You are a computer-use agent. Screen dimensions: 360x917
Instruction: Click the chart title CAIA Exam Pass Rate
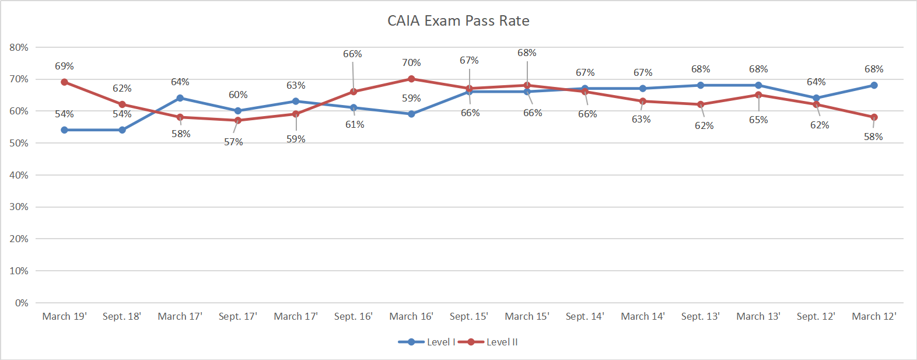pos(459,21)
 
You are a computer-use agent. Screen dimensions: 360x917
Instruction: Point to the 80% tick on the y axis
pos(19,47)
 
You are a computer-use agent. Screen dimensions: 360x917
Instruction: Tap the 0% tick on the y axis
pos(22,303)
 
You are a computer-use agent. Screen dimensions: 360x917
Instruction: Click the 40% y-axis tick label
pos(19,175)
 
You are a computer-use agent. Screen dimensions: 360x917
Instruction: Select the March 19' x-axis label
pos(64,316)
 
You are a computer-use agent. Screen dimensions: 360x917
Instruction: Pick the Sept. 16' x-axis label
pos(353,316)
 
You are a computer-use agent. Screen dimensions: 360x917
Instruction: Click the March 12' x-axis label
pos(874,316)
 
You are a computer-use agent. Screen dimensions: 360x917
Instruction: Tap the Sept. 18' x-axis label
pos(122,316)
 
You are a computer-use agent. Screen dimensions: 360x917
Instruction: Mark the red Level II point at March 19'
pos(64,82)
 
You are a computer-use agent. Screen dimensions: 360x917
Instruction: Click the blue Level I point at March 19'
pos(64,130)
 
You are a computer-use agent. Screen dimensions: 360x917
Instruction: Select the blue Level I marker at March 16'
pos(411,114)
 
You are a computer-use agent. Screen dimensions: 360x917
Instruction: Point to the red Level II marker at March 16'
pos(411,79)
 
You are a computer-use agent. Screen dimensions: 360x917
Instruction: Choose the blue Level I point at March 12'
pos(874,85)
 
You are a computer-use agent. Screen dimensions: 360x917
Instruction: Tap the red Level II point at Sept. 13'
pos(701,104)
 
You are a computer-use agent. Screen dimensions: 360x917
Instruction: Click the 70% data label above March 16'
pos(411,62)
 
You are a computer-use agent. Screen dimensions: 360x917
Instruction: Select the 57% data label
pos(233,142)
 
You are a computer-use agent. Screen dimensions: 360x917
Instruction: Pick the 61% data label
pos(355,124)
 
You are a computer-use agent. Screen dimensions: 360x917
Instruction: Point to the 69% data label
pos(64,67)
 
